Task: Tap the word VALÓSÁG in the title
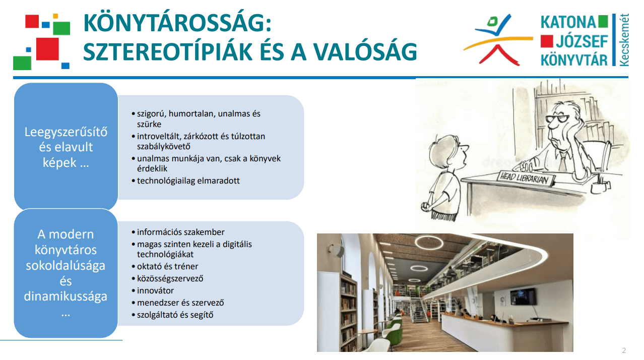click(365, 52)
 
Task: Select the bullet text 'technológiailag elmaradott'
click(188, 181)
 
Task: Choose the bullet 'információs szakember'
click(180, 232)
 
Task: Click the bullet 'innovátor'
click(155, 290)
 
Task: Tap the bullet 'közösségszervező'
click(170, 278)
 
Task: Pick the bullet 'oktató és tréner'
click(167, 267)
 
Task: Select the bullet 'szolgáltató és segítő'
click(175, 315)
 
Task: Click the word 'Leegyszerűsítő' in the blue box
click(66, 132)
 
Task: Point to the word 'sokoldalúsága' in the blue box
click(66, 266)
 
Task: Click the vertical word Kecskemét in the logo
click(624, 40)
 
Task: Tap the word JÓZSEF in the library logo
click(582, 41)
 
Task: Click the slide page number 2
click(624, 350)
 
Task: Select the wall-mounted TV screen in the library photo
click(523, 296)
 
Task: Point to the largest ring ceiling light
click(429, 243)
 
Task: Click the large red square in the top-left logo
click(47, 49)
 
